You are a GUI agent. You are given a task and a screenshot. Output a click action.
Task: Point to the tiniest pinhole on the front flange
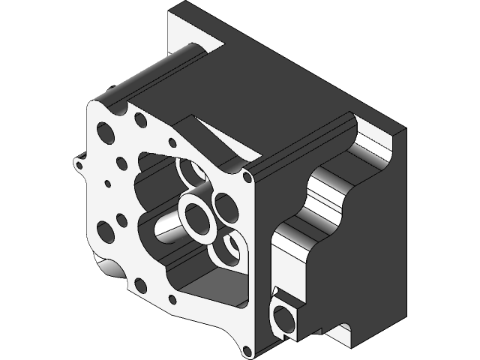pos(108,183)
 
